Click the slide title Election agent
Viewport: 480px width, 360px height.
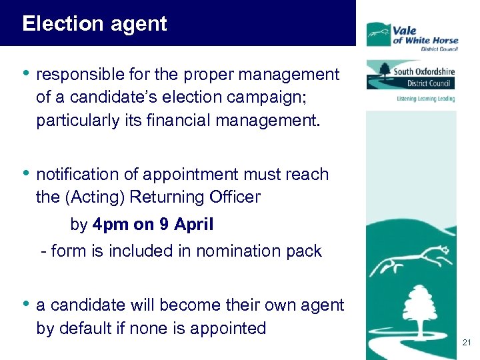(x=94, y=25)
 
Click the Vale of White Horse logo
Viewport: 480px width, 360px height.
(x=412, y=35)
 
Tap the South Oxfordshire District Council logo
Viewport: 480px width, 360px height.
(x=411, y=75)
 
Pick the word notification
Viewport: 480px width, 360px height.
(x=79, y=175)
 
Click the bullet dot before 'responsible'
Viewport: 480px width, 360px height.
(x=26, y=73)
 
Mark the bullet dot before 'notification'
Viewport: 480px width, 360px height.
(x=26, y=173)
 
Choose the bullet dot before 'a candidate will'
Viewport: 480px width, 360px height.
(x=26, y=304)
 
